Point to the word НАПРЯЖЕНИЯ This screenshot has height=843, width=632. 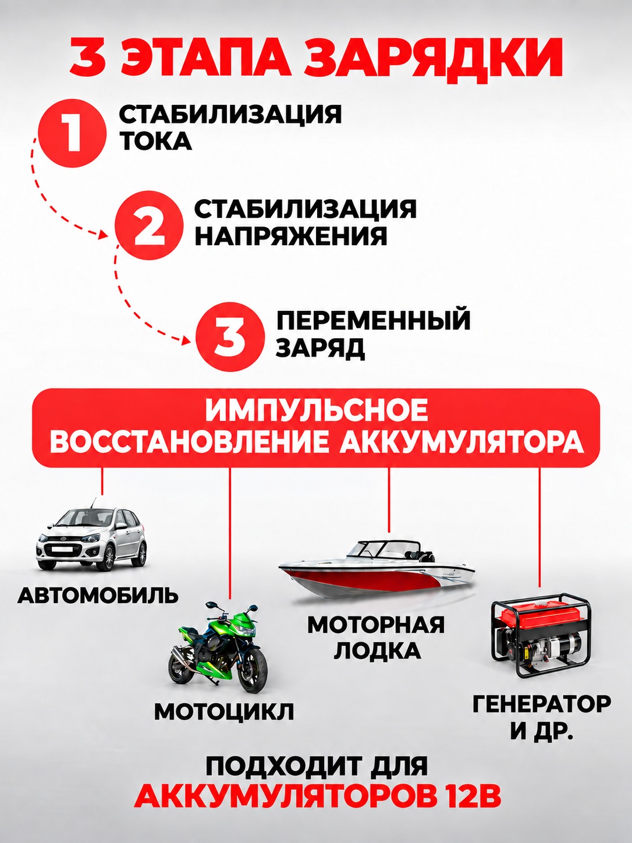point(291,236)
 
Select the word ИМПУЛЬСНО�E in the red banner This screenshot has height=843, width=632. point(317,410)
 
